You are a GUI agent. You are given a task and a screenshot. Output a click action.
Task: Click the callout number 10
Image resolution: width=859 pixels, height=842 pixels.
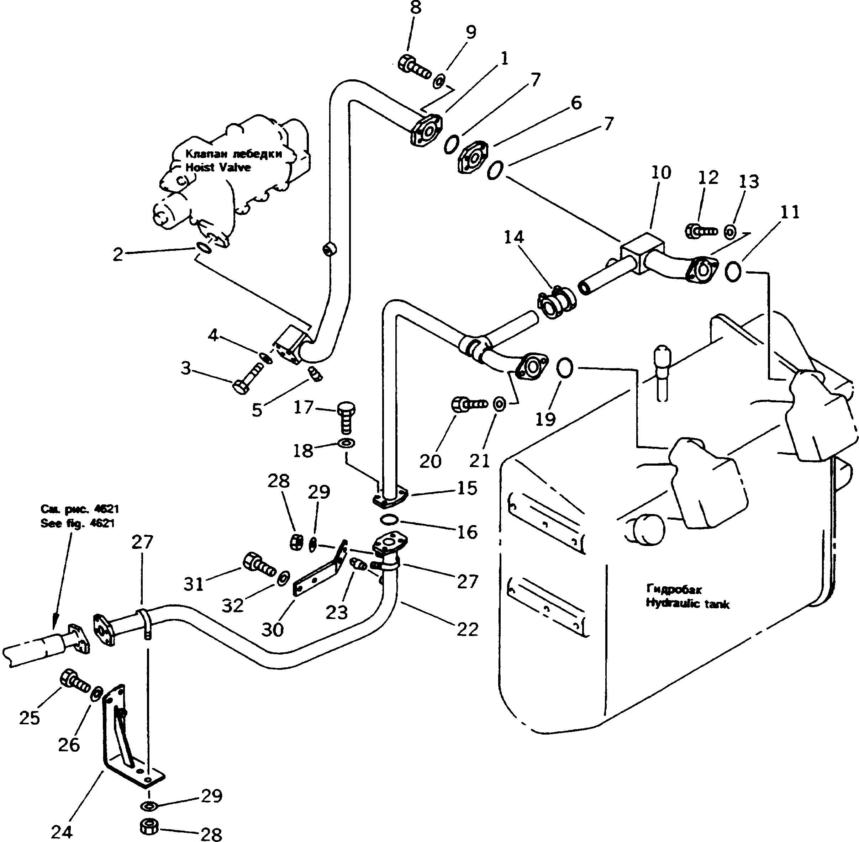661,173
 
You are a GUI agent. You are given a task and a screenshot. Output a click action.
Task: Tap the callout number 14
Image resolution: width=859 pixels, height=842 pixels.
513,238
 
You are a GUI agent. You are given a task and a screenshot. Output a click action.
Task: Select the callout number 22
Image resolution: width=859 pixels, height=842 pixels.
468,629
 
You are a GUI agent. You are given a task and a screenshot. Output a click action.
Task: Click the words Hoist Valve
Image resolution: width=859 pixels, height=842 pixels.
218,168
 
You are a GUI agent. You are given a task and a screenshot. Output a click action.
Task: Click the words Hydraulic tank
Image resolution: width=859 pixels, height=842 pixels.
687,604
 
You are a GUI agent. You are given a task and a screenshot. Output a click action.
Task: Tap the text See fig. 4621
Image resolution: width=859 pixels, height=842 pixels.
78,523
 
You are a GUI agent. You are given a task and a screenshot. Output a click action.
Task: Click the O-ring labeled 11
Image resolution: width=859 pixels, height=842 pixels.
732,271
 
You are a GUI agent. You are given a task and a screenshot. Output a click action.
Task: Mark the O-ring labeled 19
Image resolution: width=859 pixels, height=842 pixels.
565,368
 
